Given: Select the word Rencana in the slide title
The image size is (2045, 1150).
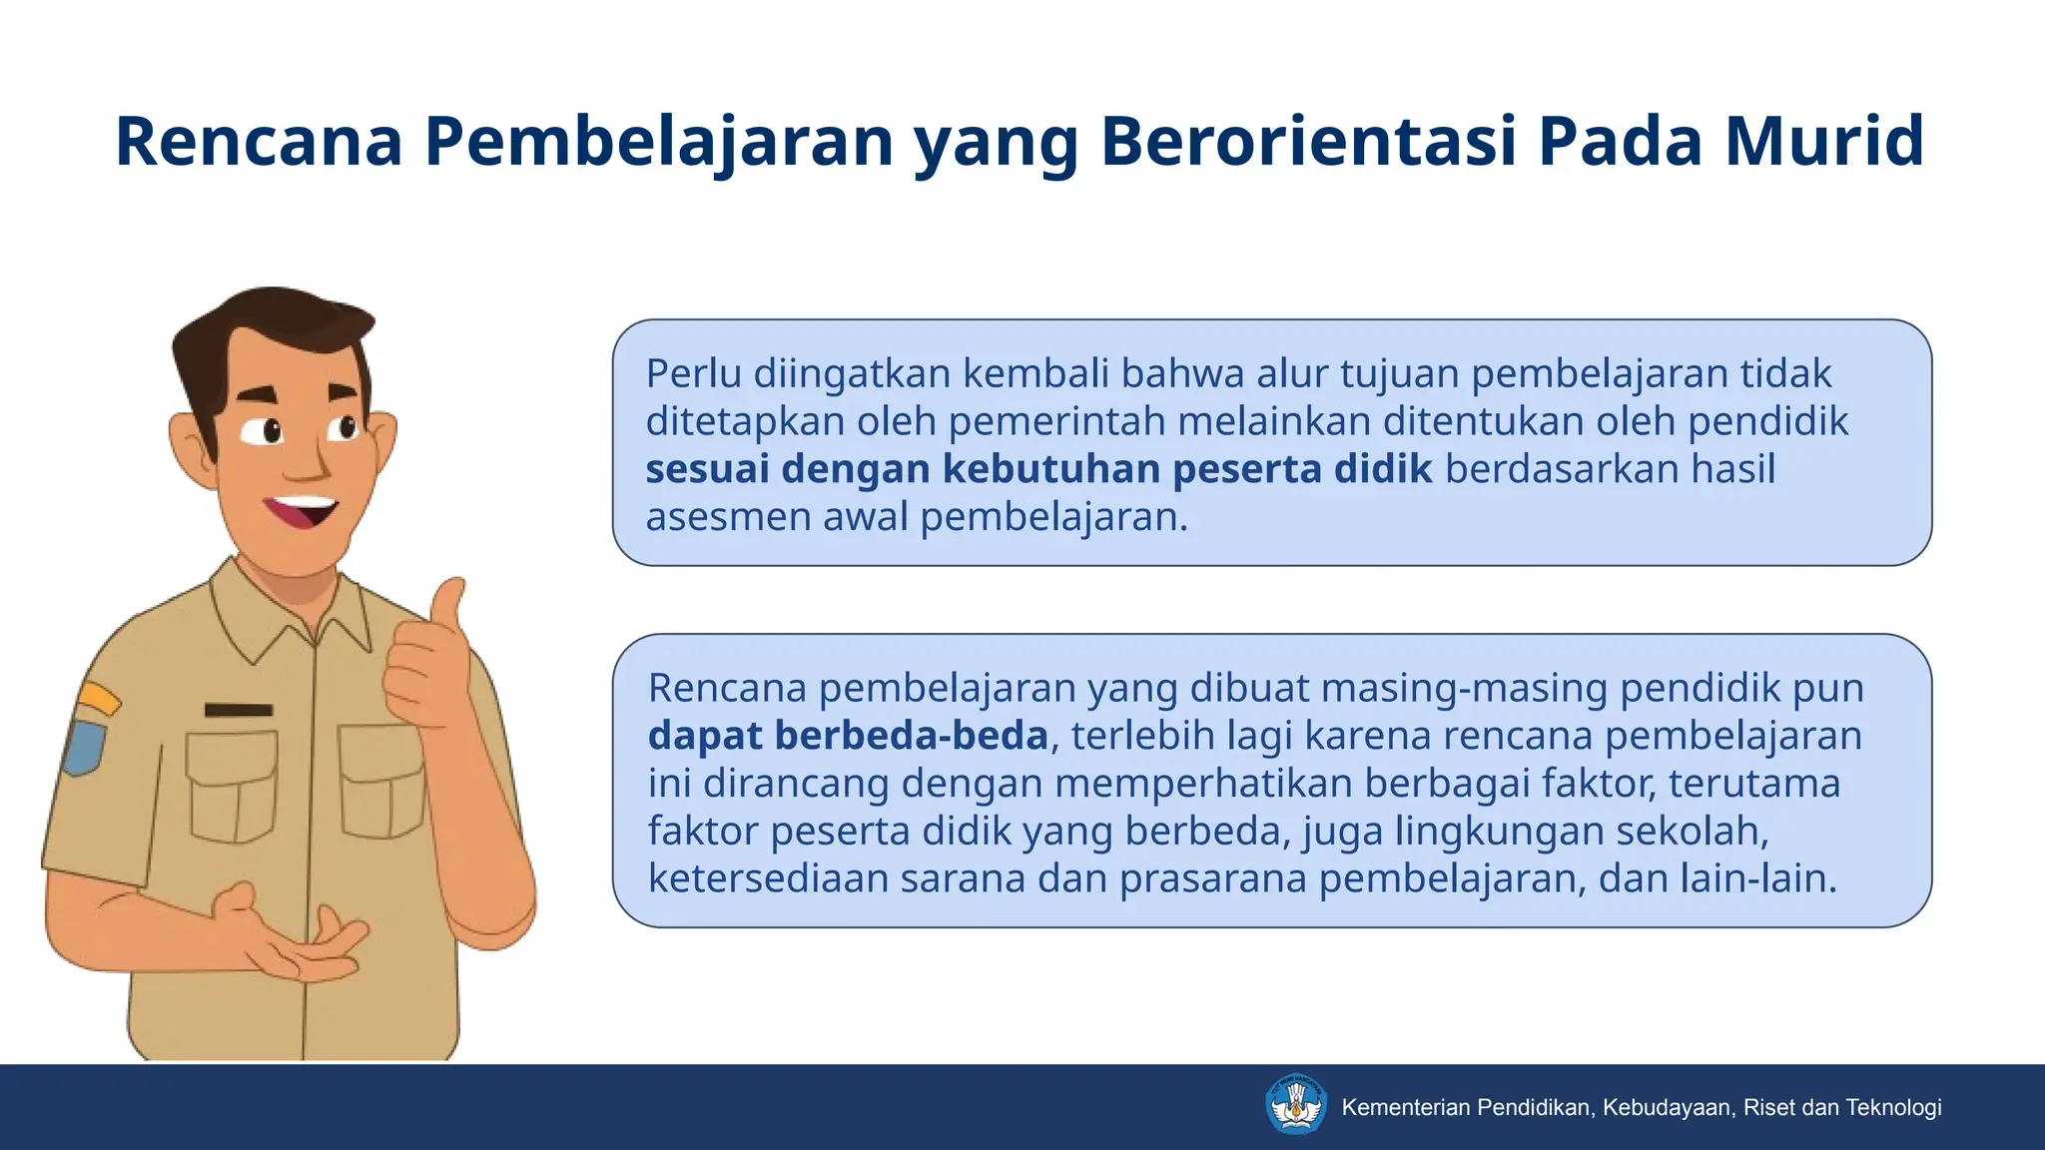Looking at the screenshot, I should click(x=259, y=141).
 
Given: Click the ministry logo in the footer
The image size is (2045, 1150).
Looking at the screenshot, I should click(x=1296, y=1105).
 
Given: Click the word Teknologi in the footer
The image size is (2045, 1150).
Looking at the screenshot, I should click(x=1893, y=1107).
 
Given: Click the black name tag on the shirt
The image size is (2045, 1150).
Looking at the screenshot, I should click(x=239, y=710).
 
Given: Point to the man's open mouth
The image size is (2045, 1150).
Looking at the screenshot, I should click(x=300, y=511).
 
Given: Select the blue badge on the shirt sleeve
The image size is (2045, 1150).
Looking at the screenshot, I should click(x=84, y=747).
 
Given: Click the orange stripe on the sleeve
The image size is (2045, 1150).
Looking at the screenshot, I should click(x=98, y=698).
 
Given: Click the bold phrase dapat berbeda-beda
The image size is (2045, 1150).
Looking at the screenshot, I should click(x=848, y=736).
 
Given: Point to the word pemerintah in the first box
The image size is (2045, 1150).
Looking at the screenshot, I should click(x=1056, y=421).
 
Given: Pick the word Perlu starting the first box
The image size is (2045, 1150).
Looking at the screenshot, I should click(x=693, y=373).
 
